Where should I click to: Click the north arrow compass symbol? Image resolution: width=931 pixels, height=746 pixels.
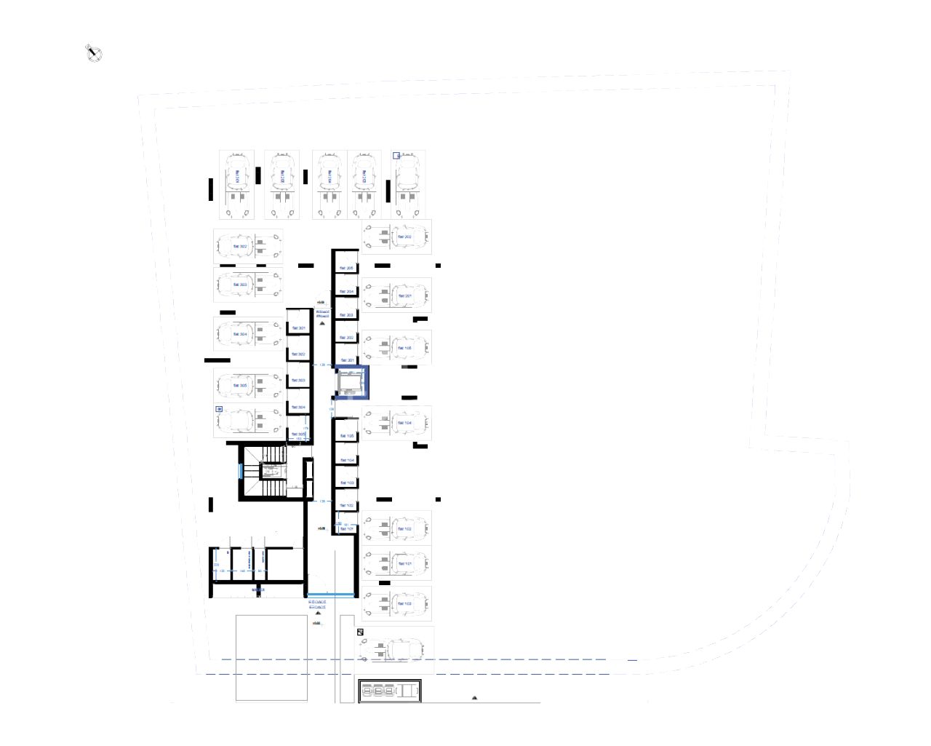pos(94,53)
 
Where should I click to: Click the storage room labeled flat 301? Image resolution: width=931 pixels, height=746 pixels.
pos(298,329)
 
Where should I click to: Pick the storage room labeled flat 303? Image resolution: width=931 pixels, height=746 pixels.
pos(298,381)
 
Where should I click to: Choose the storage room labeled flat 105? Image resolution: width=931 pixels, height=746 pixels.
pos(346,436)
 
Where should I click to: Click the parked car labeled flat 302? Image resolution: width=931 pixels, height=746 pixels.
pos(240,247)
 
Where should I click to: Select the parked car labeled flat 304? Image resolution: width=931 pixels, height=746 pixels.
pos(240,334)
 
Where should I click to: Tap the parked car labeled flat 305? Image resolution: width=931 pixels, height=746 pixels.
pos(240,386)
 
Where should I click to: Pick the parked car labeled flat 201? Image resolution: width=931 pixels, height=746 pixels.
pos(404,296)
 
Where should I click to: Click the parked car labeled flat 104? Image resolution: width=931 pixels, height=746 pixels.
pos(404,423)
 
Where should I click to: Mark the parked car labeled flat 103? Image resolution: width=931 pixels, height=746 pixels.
pos(404,603)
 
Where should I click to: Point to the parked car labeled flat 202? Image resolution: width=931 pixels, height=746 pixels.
pos(404,237)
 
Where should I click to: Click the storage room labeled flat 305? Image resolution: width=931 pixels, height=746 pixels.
pos(298,434)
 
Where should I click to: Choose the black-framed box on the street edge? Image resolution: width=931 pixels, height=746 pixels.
pos(390,691)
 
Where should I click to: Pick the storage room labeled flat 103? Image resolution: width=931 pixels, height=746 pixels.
pos(346,483)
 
